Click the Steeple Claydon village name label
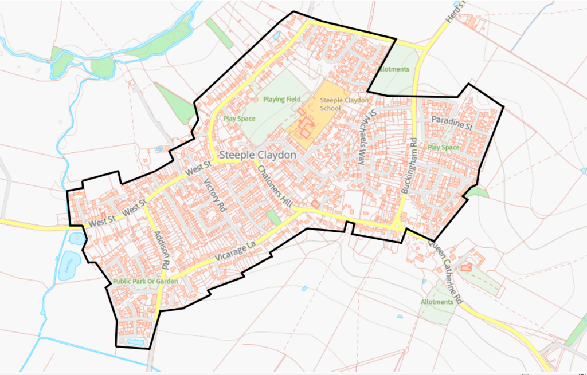(x=259, y=155)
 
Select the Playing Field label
(x=281, y=99)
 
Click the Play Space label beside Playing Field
(x=239, y=119)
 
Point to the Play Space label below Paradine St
(x=443, y=147)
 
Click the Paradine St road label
(x=452, y=123)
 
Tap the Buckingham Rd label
(x=408, y=165)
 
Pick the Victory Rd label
(x=216, y=197)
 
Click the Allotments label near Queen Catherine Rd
(x=437, y=302)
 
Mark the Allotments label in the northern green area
(x=394, y=69)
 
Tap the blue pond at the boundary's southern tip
(x=135, y=342)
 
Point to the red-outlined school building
(x=305, y=127)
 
